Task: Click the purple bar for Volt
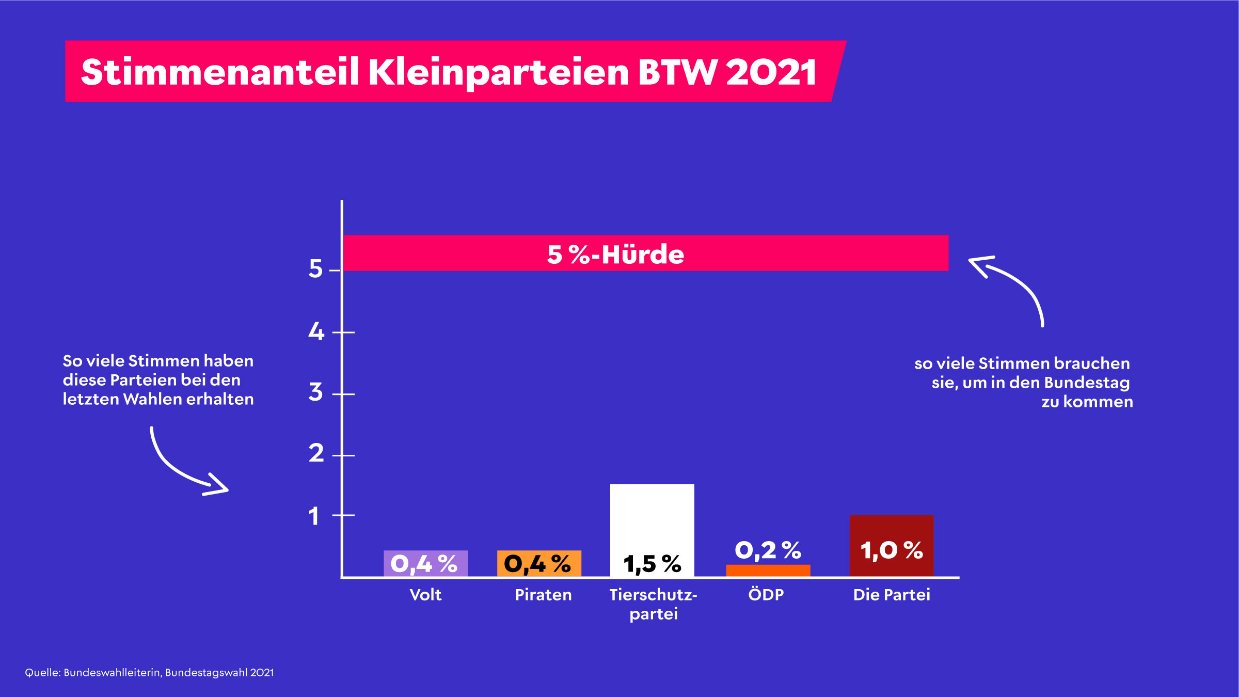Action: tap(425, 563)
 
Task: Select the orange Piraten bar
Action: tap(539, 563)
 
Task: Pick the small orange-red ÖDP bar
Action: tap(768, 571)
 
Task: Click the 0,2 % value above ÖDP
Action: tap(768, 550)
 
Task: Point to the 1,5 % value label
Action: tap(652, 564)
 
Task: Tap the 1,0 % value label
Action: tap(892, 550)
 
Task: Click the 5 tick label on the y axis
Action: tap(315, 269)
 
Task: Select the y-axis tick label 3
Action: tap(315, 392)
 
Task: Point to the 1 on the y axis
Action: tap(314, 516)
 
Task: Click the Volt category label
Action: tap(425, 595)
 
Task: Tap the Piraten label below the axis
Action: tap(543, 595)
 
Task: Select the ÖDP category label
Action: tap(766, 595)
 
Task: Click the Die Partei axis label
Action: tap(892, 595)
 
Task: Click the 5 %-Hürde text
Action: tap(615, 255)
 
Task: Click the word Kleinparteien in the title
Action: tap(498, 72)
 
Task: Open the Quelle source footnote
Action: tap(149, 673)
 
